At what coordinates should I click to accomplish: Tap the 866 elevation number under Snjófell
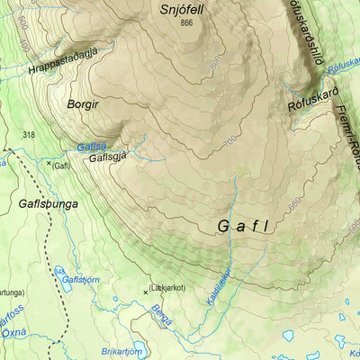click(186, 23)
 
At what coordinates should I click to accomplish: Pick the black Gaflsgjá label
click(109, 157)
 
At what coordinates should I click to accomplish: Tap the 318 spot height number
click(29, 136)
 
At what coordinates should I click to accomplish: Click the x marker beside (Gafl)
click(49, 163)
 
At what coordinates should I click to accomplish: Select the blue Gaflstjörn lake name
click(80, 280)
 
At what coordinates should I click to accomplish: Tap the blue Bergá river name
click(161, 315)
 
